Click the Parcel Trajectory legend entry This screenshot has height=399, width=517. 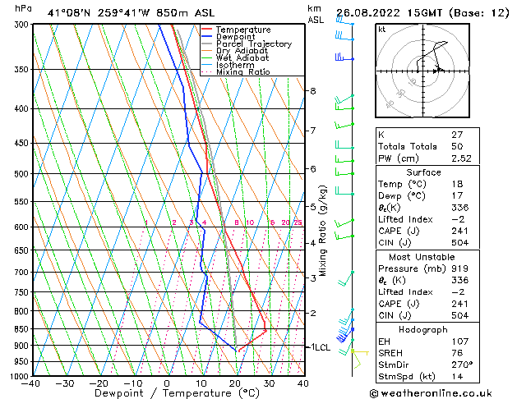pos(253,44)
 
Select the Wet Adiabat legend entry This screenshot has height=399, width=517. pos(242,57)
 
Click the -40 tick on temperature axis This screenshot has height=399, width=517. pos(31,383)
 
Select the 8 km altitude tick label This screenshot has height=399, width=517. pos(312,90)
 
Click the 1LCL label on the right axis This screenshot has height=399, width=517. pos(318,347)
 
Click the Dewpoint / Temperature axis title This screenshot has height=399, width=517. pos(168,393)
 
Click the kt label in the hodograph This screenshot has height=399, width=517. pos(382,30)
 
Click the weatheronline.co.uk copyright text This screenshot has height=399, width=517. pos(442,392)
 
